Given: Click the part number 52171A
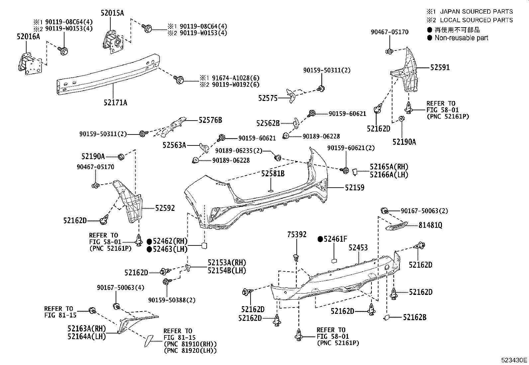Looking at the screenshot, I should (115, 102).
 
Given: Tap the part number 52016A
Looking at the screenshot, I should (28, 36).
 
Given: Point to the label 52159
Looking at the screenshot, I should (354, 188).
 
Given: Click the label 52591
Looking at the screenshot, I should (440, 67).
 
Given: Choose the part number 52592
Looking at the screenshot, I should (165, 208).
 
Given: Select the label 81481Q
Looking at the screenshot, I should (430, 225).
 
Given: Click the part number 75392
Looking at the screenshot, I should (297, 235).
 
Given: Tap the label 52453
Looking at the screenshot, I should (358, 247).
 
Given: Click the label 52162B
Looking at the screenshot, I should (414, 317).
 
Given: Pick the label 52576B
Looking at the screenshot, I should (210, 120).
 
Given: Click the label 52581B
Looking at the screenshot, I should (272, 174).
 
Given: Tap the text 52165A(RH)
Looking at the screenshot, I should (389, 167).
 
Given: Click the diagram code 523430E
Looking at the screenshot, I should (514, 360).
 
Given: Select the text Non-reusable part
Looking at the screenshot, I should (462, 38).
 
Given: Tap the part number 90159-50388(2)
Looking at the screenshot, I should (172, 300).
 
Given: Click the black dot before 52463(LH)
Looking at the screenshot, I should (149, 249).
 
